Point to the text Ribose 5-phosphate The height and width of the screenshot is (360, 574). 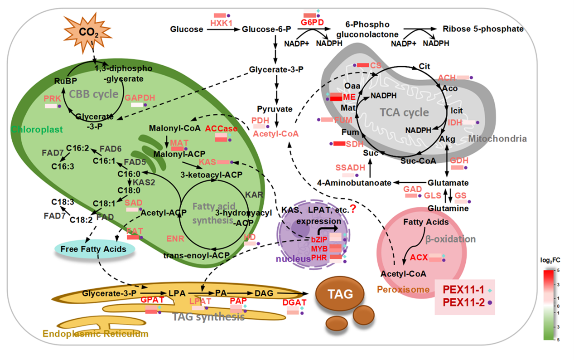(x=483, y=29)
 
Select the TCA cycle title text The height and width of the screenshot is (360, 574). (x=404, y=112)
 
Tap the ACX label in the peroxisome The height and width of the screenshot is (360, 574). (x=419, y=258)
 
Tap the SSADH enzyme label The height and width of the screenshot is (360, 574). (x=350, y=168)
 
